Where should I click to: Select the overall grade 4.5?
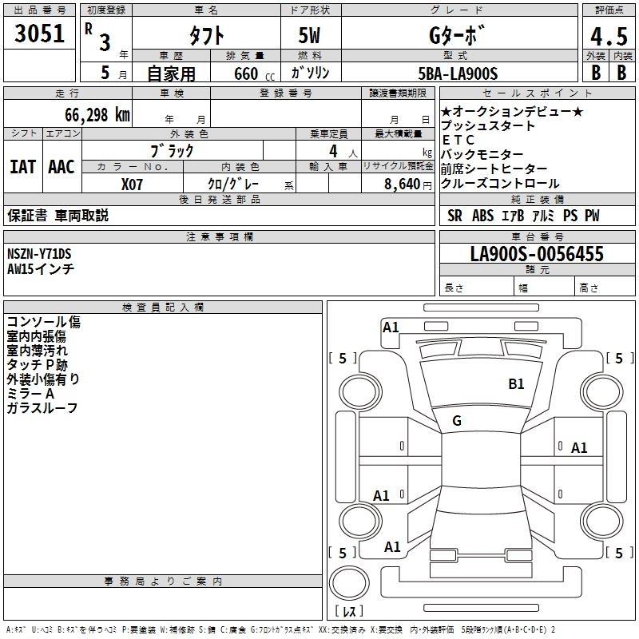(x=607, y=37)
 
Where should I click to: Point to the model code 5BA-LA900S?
(x=458, y=73)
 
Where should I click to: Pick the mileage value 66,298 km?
(x=89, y=114)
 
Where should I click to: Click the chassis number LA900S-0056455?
(x=537, y=255)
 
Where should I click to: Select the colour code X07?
(x=133, y=184)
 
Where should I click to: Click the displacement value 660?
(x=246, y=74)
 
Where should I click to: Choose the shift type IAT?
(x=22, y=167)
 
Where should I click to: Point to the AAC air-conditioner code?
(x=62, y=167)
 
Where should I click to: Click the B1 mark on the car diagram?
(x=517, y=384)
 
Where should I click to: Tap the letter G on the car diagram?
(x=457, y=421)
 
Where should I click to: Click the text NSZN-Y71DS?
(x=39, y=254)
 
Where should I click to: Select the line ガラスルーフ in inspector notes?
(x=42, y=408)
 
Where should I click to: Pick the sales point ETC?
(x=458, y=140)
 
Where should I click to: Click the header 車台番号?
(x=538, y=237)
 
